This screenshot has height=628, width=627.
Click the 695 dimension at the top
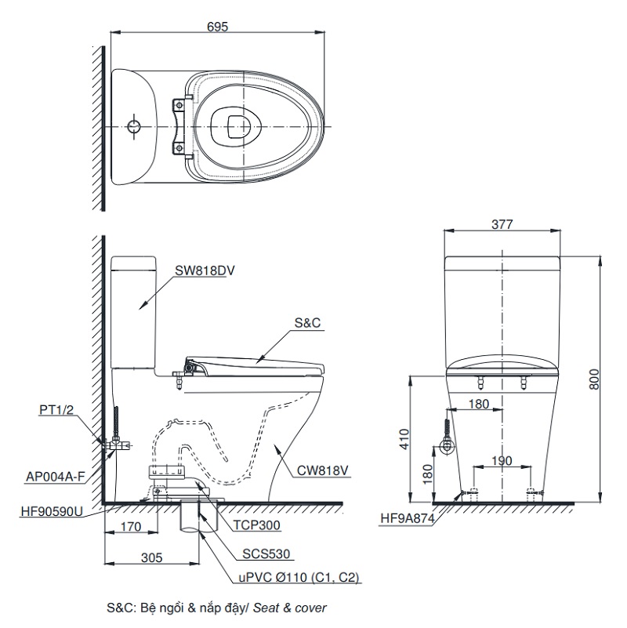(x=218, y=27)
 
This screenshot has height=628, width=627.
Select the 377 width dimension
(x=502, y=223)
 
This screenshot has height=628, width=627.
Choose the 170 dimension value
(x=131, y=527)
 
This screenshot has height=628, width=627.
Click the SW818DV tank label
(x=205, y=270)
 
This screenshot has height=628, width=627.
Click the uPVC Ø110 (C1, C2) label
(x=299, y=578)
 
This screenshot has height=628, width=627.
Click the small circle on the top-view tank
(x=134, y=125)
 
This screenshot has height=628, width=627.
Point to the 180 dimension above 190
(x=479, y=405)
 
